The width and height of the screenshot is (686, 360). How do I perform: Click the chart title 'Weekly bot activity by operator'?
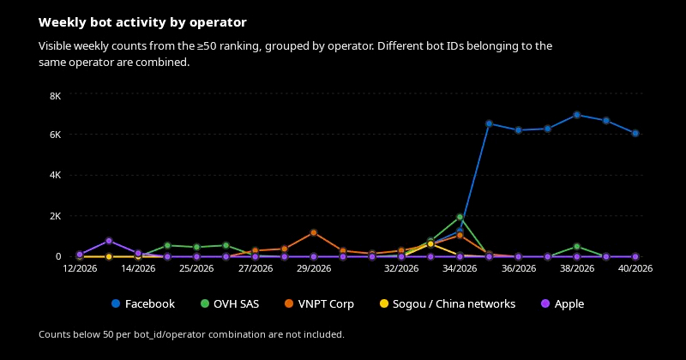pos(142,22)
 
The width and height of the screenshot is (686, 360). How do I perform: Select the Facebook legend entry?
pos(143,303)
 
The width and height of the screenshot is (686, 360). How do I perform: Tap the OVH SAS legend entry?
pos(230,303)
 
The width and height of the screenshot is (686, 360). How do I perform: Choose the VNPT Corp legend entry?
pos(319,303)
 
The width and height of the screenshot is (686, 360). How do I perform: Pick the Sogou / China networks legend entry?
pos(447,303)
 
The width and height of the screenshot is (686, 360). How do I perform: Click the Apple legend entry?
pos(563,303)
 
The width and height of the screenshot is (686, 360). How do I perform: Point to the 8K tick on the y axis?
pos(56,96)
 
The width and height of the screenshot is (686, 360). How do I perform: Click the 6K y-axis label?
pos(56,135)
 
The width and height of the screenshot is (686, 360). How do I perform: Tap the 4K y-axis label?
pos(56,175)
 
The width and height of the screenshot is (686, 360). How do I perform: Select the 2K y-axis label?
pos(56,216)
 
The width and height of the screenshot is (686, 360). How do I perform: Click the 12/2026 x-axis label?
pos(80,268)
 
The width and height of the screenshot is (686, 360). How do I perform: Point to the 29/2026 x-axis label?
pos(314,268)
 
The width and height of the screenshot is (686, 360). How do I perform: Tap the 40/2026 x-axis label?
pos(635,268)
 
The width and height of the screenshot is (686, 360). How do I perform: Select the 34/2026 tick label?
pos(460,268)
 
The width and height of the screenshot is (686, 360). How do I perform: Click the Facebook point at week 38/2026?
pos(576,115)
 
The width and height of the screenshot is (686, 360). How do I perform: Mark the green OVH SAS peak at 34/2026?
pos(460,217)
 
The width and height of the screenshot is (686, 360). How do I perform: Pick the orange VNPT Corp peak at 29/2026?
pos(314,232)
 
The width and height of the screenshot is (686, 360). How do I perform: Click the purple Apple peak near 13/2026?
pos(109,241)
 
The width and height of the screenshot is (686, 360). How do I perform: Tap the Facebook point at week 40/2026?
pos(635,134)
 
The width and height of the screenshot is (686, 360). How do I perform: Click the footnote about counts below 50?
pos(191,334)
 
